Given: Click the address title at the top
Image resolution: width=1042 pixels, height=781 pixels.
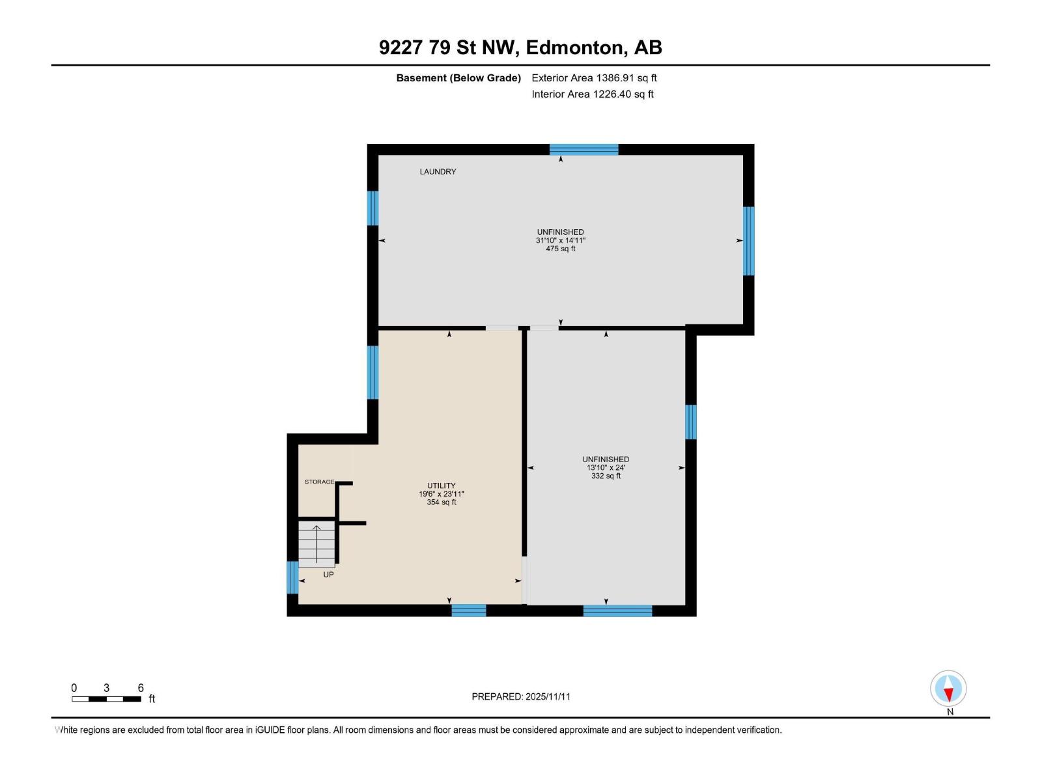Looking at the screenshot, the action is coord(520,48).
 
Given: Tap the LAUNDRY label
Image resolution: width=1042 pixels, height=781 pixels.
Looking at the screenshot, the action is coord(438,172).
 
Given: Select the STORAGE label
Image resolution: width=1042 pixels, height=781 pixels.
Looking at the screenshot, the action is coord(320,482).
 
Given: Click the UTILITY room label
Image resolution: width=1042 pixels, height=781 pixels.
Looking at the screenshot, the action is coord(441,486).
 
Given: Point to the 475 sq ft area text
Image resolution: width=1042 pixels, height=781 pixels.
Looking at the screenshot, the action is coord(561,249).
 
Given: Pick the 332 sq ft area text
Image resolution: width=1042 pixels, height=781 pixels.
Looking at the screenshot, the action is coord(606,476).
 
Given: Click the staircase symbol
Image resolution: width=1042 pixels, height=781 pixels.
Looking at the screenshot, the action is coord(317,544).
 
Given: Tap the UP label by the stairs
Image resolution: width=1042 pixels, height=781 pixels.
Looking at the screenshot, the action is coord(328,574).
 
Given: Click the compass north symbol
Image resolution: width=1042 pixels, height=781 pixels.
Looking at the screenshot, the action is coord(948,688).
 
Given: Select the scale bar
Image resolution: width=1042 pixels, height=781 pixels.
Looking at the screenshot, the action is coord(106,699).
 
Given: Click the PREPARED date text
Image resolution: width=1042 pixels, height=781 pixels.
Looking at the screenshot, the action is coord(521,696).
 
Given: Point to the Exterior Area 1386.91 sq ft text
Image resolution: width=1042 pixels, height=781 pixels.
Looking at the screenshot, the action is coord(595,77).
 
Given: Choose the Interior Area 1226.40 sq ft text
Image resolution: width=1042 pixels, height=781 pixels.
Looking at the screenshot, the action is coord(593,94).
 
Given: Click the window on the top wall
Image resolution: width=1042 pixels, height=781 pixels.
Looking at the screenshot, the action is coord(584,150).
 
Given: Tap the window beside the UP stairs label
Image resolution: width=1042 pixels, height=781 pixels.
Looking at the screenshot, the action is coord(293,577).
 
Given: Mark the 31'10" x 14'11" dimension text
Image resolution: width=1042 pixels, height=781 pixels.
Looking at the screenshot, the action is coord(561,240).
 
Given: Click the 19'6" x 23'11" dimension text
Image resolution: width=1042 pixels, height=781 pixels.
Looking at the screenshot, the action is coord(441,493).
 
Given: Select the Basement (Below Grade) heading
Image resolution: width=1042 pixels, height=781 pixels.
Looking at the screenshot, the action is coord(458,77).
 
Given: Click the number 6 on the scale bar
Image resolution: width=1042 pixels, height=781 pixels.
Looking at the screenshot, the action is coord(141,687).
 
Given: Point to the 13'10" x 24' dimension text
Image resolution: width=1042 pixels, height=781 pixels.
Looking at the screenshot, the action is coord(606,467).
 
